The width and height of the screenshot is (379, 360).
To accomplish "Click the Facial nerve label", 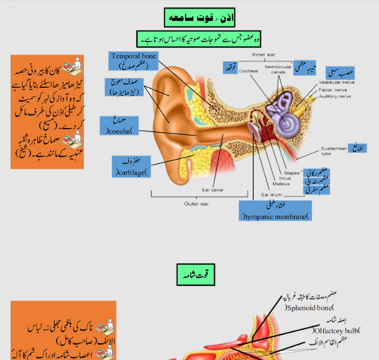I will tap(332, 89).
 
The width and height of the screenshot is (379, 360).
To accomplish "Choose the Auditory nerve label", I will tap(334, 96).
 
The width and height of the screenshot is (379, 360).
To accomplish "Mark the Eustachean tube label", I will tap(332, 152).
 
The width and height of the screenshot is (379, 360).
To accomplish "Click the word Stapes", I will tap(292, 171).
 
